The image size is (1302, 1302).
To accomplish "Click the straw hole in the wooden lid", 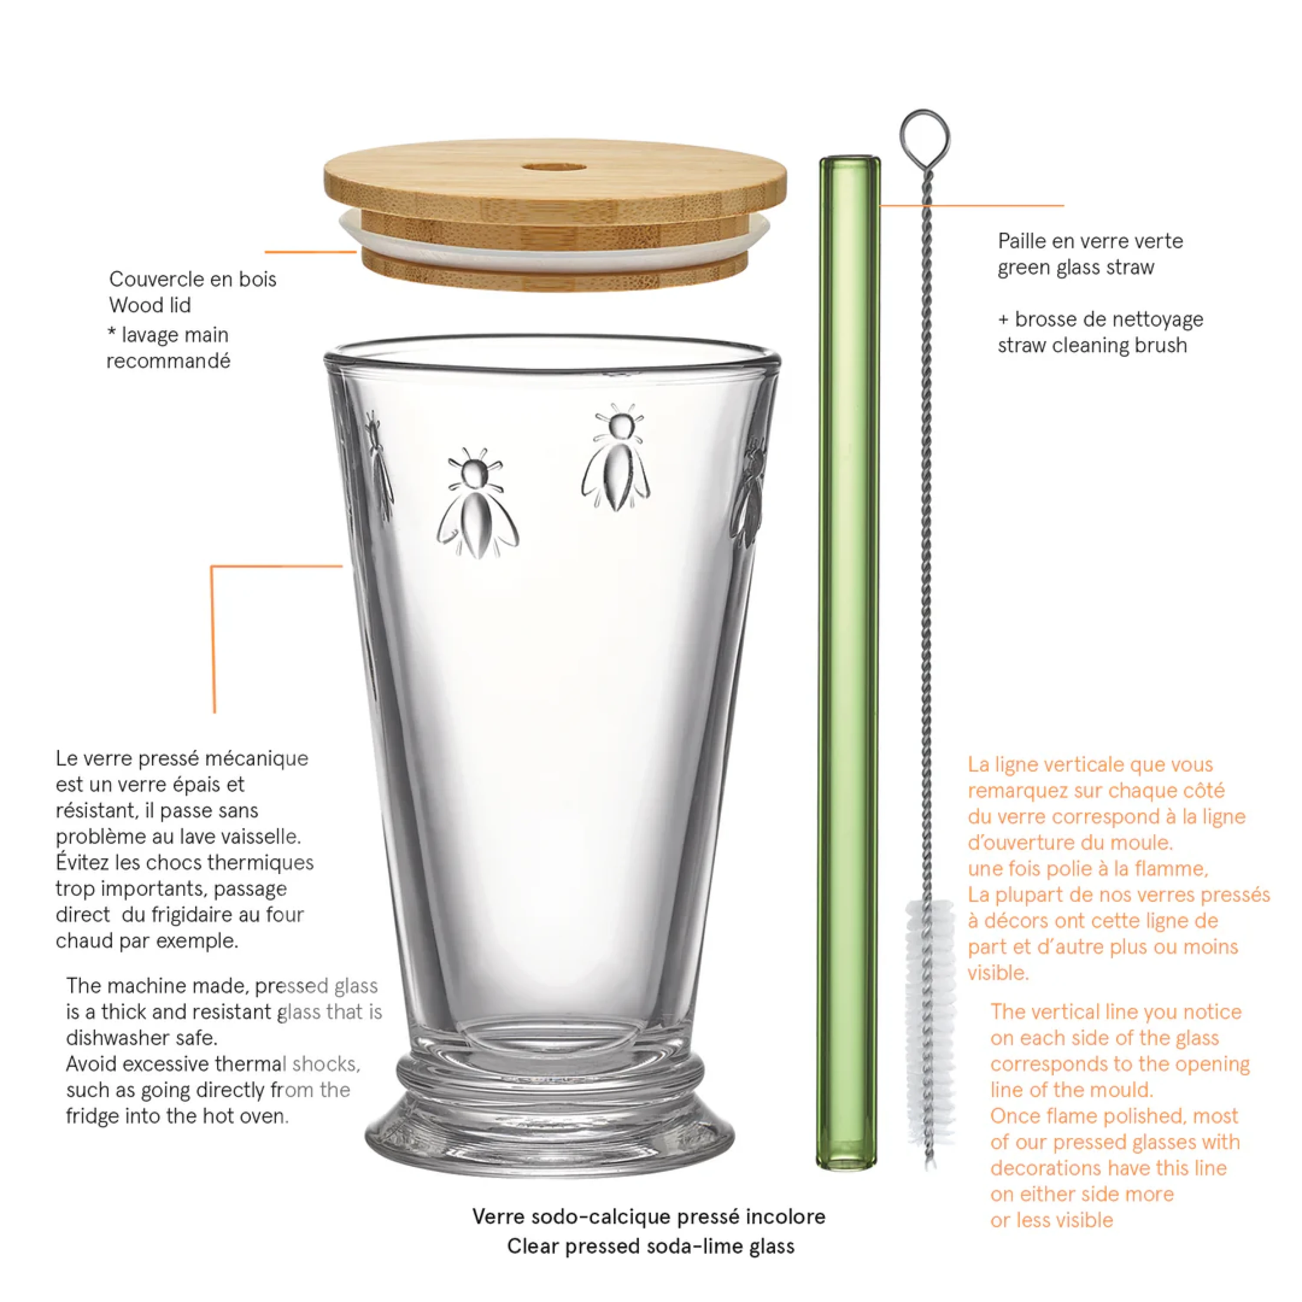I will [x=554, y=166].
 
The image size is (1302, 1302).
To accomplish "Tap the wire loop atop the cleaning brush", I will [x=924, y=133].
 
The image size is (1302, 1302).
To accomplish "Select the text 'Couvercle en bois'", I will [x=193, y=279].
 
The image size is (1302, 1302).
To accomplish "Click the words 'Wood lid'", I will [x=150, y=305].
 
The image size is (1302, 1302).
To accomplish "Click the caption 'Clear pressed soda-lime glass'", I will [x=650, y=1246].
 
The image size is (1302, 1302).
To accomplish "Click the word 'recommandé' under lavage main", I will [x=168, y=361].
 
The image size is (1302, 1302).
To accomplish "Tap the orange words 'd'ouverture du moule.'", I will [x=1070, y=842].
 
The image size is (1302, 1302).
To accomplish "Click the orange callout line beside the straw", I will [x=970, y=206].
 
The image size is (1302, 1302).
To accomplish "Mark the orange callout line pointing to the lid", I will [x=310, y=252].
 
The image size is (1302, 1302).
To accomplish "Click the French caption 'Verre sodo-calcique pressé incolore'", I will [x=648, y=1217].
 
